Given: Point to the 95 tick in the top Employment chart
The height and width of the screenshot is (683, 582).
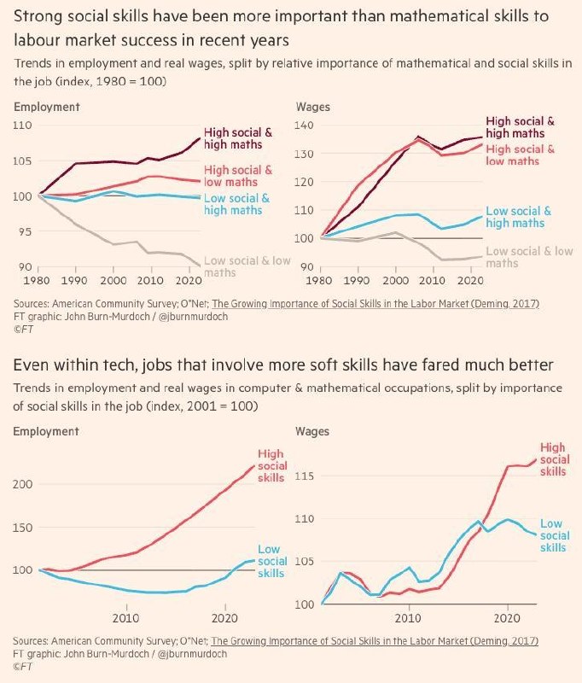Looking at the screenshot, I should (x=21, y=231).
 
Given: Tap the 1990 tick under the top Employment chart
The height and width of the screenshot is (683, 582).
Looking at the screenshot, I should (x=76, y=280).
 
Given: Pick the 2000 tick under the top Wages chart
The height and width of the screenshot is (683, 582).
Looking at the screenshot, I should (x=393, y=280).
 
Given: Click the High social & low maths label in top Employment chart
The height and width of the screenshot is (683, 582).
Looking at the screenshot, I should (x=238, y=176).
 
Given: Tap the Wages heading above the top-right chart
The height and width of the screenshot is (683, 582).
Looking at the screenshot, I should (x=311, y=107).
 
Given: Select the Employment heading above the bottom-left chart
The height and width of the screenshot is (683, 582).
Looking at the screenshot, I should (x=46, y=431).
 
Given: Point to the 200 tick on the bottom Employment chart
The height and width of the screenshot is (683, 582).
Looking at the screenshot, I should (x=24, y=484).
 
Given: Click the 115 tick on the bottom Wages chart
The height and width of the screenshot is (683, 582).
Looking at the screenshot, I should (x=306, y=476).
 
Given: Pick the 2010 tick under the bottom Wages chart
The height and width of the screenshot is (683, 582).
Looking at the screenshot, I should (x=409, y=617).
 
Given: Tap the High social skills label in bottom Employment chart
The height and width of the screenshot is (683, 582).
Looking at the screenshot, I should (x=272, y=465).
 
